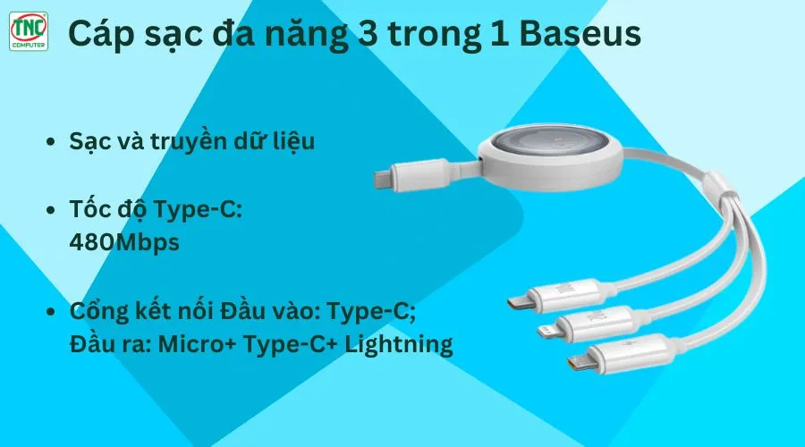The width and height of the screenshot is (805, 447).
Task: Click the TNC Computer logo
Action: pos(29,31)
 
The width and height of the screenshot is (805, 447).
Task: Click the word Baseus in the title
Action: pos(580,34)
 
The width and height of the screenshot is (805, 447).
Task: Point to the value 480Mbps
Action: pos(124,242)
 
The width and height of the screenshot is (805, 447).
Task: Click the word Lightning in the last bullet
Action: pos(399,345)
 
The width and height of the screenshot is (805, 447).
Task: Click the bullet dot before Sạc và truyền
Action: pos(50,141)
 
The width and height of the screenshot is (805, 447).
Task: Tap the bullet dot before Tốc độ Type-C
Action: pos(50,210)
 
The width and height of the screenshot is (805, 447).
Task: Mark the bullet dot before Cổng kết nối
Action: pos(50,311)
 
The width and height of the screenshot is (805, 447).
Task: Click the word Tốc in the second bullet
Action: pos(90,209)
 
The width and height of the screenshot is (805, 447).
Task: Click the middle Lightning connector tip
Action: pos(547,330)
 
